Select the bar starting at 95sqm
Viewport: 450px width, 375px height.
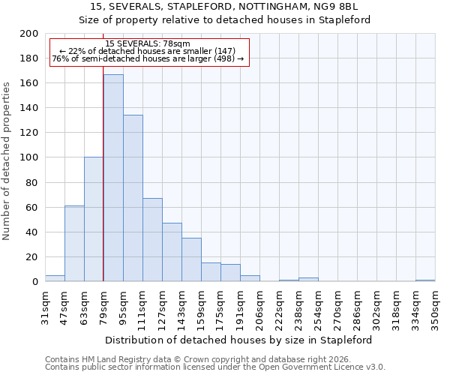click(x=133, y=198)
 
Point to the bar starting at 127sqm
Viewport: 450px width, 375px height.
click(x=172, y=252)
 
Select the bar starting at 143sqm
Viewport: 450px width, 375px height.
click(x=191, y=259)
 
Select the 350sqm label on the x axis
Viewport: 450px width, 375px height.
click(x=435, y=306)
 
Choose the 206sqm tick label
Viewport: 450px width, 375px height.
click(x=260, y=306)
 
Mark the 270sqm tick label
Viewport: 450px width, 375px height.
click(x=337, y=306)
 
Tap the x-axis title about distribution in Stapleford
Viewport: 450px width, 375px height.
click(x=238, y=340)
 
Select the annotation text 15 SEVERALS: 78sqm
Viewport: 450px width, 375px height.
click(x=148, y=44)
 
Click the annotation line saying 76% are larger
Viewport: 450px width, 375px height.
click(x=148, y=58)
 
